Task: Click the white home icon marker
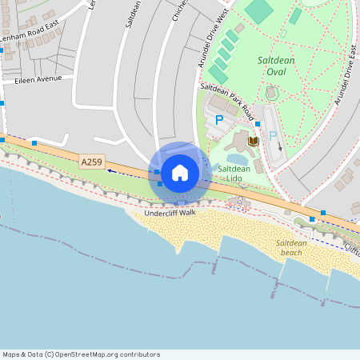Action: [x=180, y=172]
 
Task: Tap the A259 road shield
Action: [x=92, y=162]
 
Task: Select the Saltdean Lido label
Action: [x=234, y=174]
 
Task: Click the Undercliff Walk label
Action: [x=170, y=213]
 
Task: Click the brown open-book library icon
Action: [x=254, y=142]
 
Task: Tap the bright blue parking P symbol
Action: [x=219, y=120]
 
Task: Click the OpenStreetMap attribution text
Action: [x=81, y=354]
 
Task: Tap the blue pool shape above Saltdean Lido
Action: [x=237, y=158]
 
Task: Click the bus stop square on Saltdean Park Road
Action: [x=257, y=124]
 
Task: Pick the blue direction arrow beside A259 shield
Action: [x=110, y=170]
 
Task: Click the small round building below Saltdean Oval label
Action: [x=270, y=94]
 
